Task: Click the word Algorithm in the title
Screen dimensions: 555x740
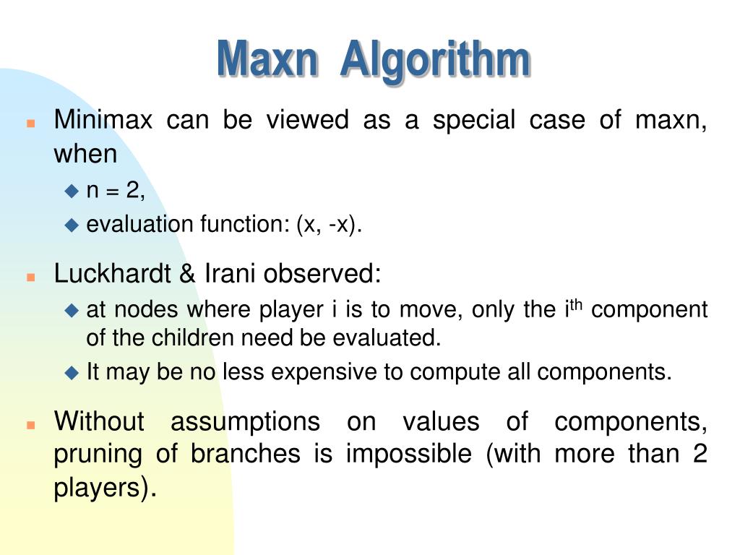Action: click(435, 60)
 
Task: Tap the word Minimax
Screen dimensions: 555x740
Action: click(103, 120)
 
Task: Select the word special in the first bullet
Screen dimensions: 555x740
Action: click(473, 120)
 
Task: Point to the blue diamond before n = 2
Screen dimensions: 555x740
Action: click(71, 191)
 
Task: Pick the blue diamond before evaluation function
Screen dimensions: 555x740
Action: click(71, 225)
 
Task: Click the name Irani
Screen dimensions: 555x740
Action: click(230, 274)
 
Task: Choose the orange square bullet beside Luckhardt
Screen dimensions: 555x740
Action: click(30, 277)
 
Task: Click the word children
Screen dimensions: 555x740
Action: click(188, 337)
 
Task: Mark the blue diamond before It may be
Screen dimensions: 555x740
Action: click(71, 373)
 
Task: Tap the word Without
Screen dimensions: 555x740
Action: click(100, 421)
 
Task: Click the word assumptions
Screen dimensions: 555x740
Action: click(245, 421)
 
